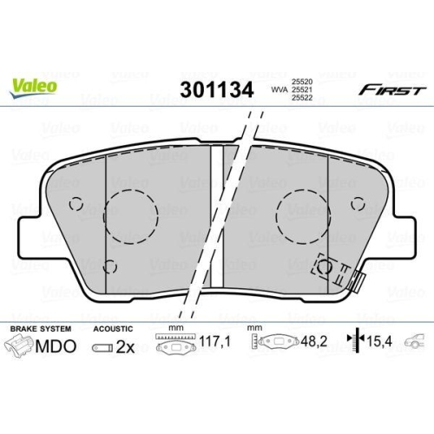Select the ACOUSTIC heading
[x=113, y=330]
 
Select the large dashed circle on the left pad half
[x=131, y=214]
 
